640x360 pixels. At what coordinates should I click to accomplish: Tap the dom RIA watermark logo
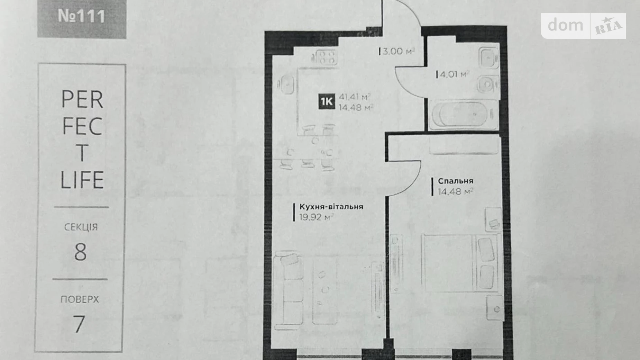pos(584,26)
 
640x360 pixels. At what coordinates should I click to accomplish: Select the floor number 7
pos(79,324)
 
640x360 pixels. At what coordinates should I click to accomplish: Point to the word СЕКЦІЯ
pos(81,227)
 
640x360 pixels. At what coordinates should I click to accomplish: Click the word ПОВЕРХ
pos(80,299)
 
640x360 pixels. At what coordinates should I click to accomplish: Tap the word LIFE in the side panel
pos(82,180)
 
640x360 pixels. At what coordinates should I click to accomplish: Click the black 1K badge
pos(327,101)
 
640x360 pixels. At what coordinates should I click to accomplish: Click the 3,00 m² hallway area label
pos(397,52)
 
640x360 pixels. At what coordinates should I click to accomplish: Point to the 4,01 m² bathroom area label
pos(453,74)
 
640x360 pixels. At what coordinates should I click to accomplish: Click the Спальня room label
pos(455,181)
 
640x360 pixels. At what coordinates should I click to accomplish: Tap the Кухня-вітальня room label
pos(331,207)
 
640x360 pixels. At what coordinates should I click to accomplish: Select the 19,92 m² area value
pos(316,217)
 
